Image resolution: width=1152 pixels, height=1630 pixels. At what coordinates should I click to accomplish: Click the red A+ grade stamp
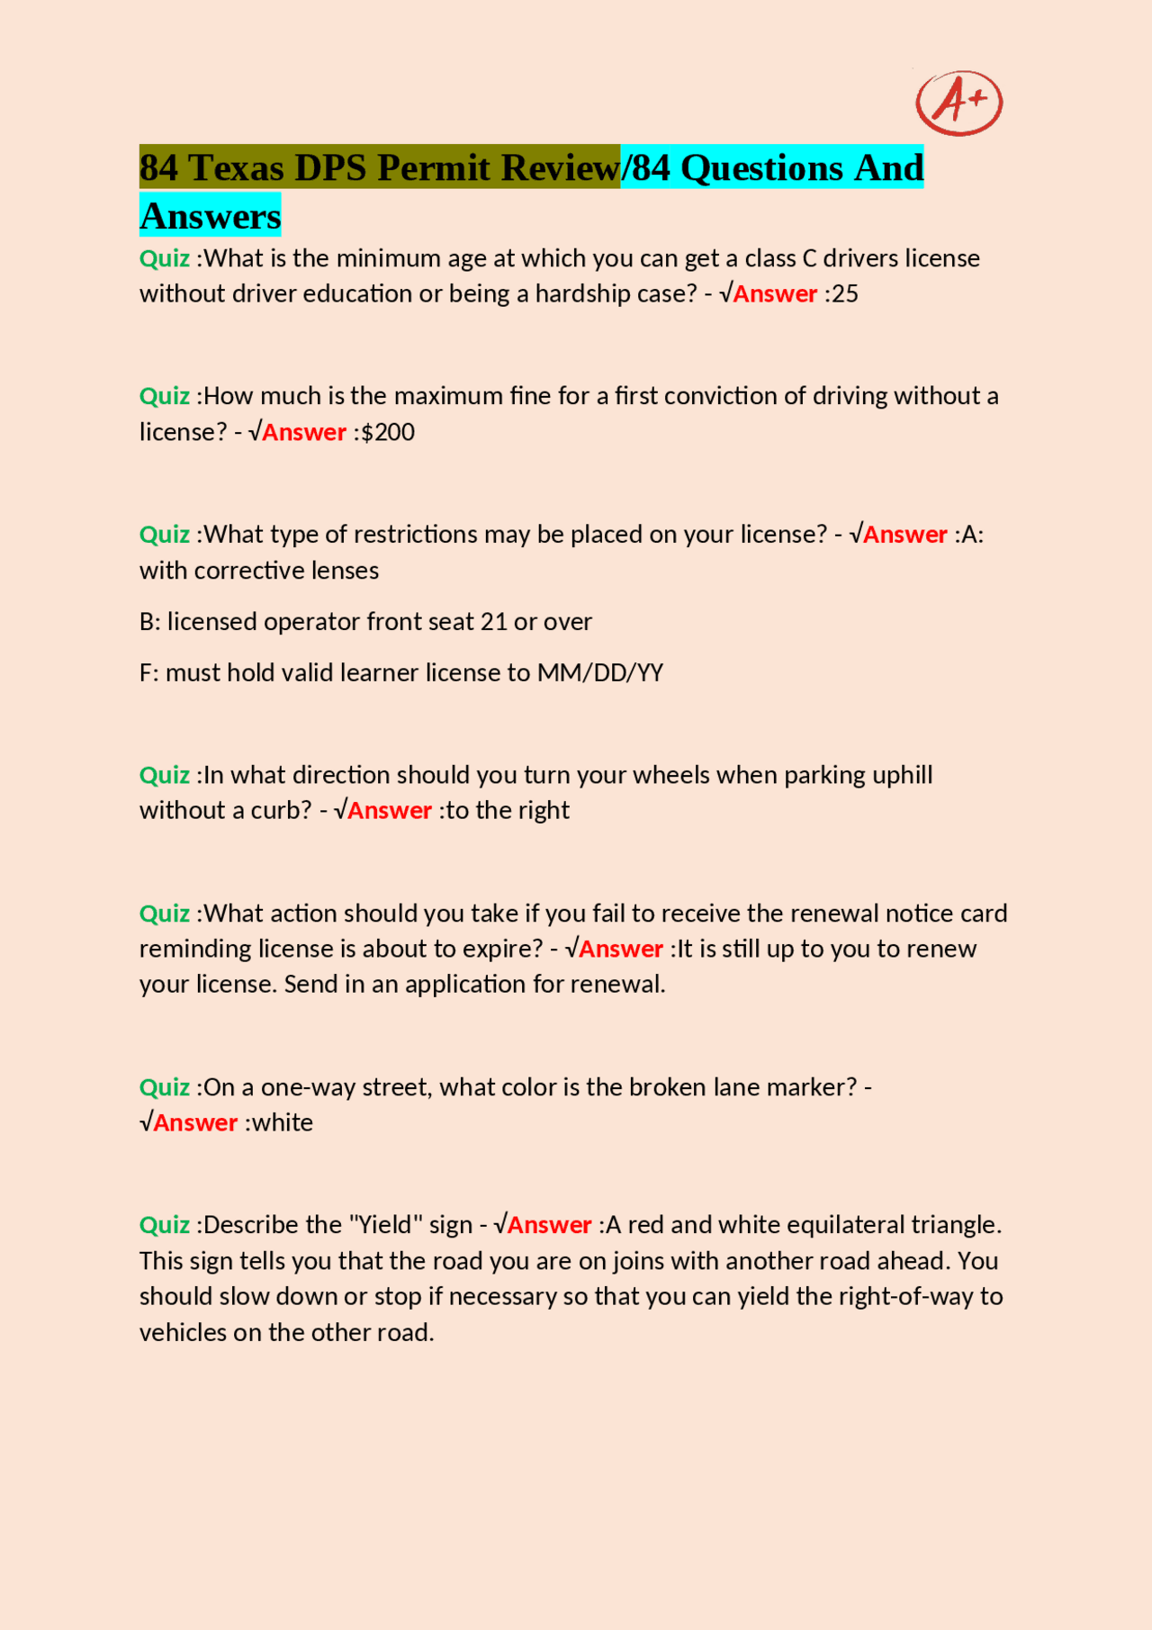pyautogui.click(x=958, y=103)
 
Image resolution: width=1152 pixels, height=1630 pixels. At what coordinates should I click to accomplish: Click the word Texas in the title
pyautogui.click(x=236, y=168)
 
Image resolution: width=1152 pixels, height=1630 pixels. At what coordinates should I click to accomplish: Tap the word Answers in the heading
pyautogui.click(x=211, y=216)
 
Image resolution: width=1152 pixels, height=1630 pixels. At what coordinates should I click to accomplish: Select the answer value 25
pyautogui.click(x=846, y=294)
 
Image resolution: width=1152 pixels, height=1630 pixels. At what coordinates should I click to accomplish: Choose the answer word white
pyautogui.click(x=283, y=1123)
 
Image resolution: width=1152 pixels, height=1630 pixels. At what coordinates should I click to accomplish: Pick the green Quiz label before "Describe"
pyautogui.click(x=165, y=1225)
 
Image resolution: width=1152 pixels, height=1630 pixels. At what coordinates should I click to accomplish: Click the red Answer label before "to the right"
pyautogui.click(x=389, y=811)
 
